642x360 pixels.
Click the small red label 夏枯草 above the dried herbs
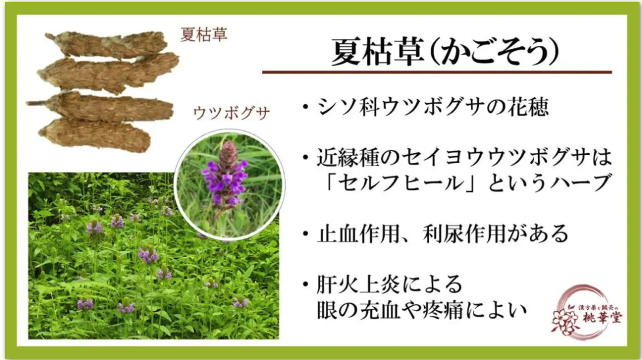point(204,34)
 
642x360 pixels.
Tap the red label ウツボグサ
point(231,113)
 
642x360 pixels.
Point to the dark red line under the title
point(437,72)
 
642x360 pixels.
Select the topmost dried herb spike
point(107,44)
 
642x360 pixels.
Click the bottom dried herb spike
point(95,134)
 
